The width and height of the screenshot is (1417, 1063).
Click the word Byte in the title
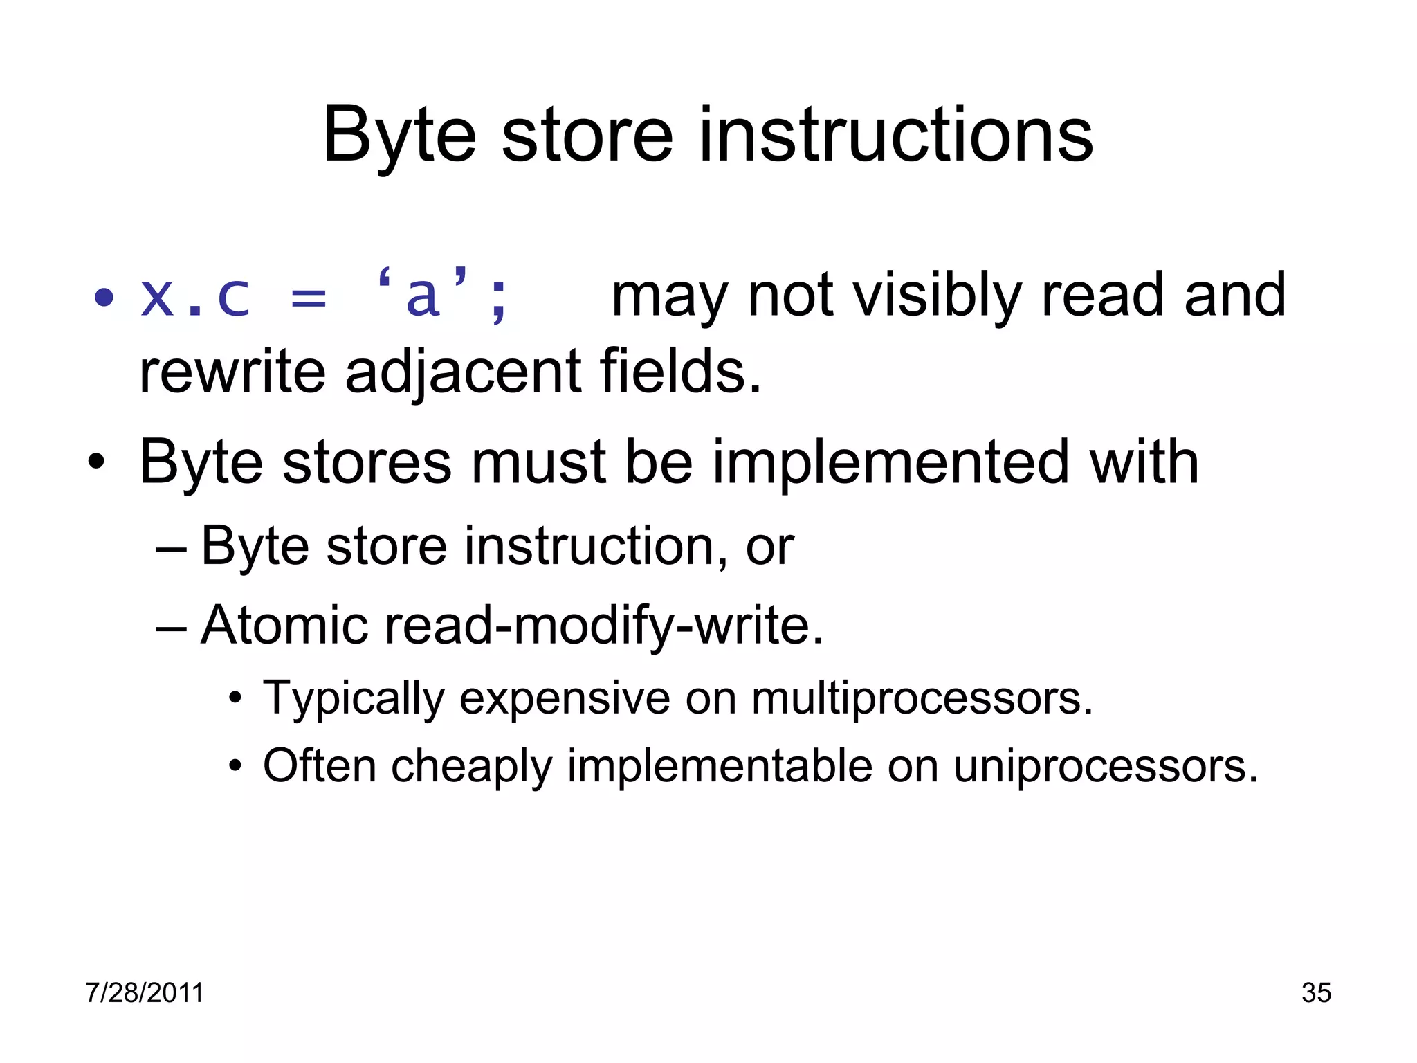[x=399, y=136]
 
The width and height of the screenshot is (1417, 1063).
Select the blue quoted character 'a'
[x=423, y=296]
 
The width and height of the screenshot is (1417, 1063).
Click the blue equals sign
[x=309, y=300]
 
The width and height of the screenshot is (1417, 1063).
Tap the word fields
[x=679, y=372]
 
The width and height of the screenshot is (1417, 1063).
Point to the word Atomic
[x=284, y=626]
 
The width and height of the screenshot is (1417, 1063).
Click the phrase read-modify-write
[x=603, y=626]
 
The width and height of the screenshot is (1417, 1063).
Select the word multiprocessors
[x=922, y=698]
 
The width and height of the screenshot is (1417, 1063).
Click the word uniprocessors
[x=1105, y=766]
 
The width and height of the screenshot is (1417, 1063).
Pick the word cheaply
[x=471, y=767]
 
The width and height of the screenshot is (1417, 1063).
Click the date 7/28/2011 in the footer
[x=145, y=993]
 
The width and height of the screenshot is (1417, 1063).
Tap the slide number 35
[x=1316, y=993]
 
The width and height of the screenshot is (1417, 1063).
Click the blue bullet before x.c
[x=104, y=298]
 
